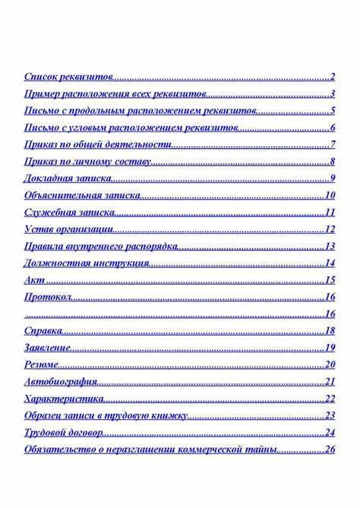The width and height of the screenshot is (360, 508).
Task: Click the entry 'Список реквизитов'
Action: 68,77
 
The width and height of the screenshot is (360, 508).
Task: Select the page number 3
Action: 333,94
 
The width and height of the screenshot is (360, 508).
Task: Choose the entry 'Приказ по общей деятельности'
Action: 97,144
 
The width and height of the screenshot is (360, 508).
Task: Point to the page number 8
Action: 333,161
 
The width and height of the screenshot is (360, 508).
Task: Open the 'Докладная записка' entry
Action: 68,178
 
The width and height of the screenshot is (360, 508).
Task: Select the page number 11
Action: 330,212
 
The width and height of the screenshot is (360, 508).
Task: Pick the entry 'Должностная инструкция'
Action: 86,263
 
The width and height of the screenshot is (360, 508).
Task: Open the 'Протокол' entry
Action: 48,296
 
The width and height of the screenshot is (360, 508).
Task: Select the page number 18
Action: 330,330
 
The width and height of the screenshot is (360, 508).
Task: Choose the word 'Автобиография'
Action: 60,381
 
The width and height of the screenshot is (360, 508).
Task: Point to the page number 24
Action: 330,432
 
